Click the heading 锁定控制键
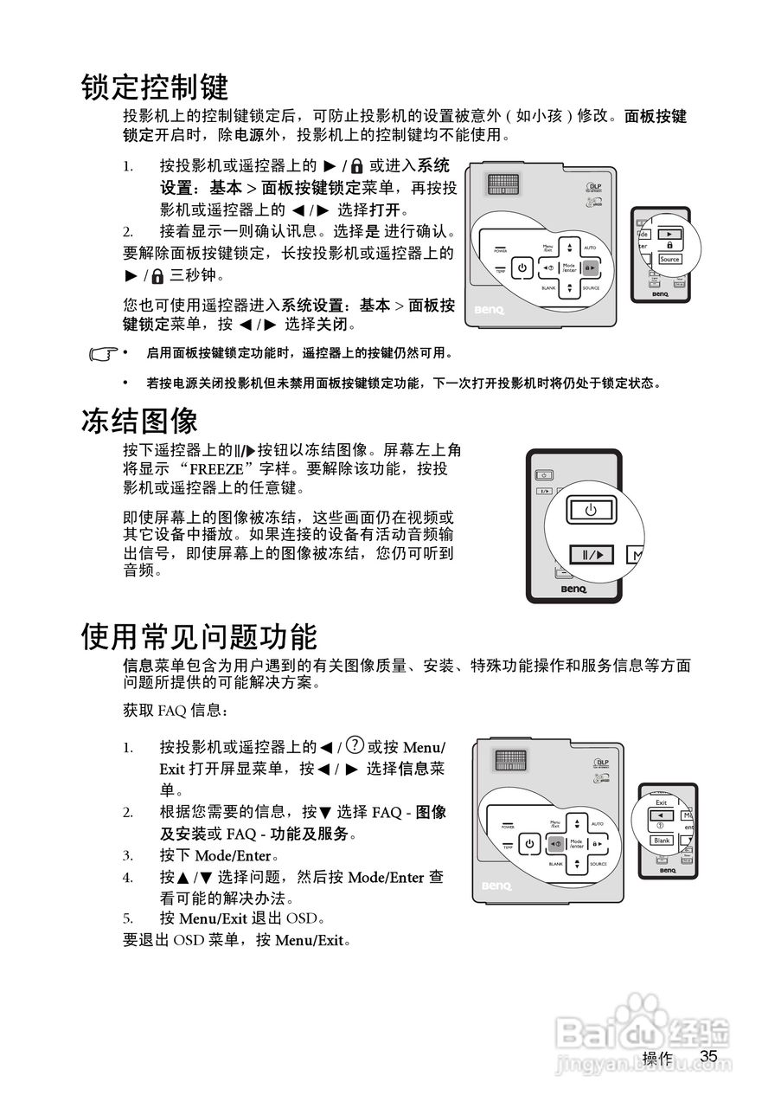(155, 87)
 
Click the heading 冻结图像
(139, 421)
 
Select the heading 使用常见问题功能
(199, 636)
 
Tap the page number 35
(709, 1056)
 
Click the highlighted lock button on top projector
(590, 268)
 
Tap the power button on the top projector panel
(522, 268)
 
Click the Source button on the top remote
(669, 259)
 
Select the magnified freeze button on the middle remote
(591, 554)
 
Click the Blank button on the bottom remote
(662, 841)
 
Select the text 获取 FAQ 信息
(176, 711)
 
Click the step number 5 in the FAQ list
(127, 918)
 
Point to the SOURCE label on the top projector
(591, 288)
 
